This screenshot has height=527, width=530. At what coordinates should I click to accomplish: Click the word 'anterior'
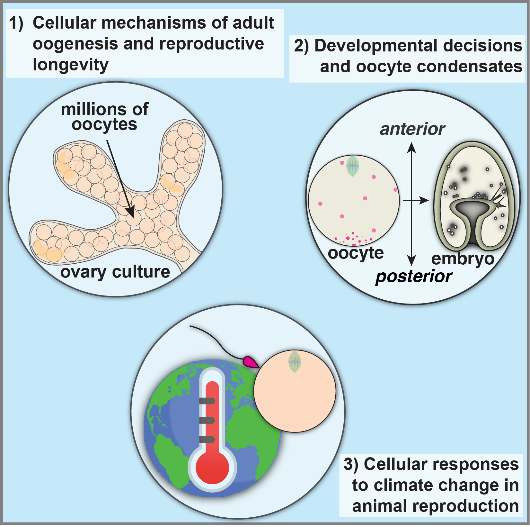[412, 129]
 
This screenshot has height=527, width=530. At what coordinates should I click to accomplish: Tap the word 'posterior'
[414, 277]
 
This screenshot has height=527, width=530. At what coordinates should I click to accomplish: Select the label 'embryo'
[463, 259]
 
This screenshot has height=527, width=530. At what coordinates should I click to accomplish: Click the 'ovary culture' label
[115, 272]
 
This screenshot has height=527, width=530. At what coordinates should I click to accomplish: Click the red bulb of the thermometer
[212, 468]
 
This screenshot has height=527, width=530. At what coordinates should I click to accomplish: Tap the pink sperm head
[250, 362]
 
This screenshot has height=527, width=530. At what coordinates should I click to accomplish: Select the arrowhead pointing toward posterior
[411, 260]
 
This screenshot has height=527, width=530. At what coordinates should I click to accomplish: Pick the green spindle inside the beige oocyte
[352, 166]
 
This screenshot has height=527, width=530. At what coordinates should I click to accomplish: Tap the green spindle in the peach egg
[295, 362]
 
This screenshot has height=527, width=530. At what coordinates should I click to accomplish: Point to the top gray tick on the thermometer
[207, 401]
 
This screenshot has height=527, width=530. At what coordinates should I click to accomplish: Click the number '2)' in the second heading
[301, 46]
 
